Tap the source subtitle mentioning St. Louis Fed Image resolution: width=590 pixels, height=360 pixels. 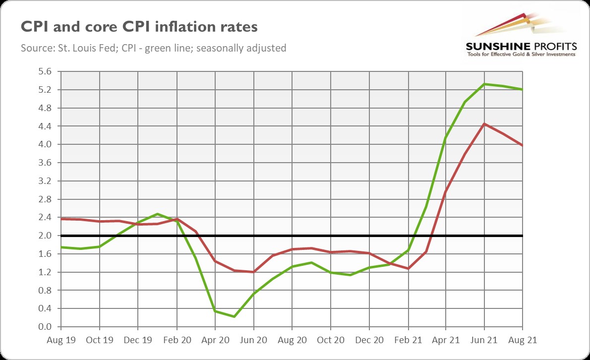[x=154, y=48]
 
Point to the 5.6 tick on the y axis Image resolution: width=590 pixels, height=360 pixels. [x=45, y=71]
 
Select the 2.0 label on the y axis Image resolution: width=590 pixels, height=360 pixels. [x=45, y=236]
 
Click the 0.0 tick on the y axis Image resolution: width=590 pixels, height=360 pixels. [x=45, y=327]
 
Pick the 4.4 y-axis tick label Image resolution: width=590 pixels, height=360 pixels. [x=45, y=126]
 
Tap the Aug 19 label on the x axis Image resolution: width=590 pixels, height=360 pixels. [x=60, y=341]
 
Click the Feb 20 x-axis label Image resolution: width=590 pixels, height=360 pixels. [x=177, y=341]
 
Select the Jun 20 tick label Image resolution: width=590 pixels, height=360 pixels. [x=253, y=341]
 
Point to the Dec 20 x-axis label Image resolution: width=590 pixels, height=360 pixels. [x=369, y=341]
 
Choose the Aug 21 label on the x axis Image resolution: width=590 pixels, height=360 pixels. [x=523, y=341]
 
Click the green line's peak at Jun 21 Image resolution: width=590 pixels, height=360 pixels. [x=484, y=84]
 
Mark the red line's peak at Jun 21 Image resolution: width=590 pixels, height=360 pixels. [x=484, y=123]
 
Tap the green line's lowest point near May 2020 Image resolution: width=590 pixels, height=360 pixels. [x=234, y=316]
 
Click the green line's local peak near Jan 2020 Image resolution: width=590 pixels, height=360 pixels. [x=157, y=214]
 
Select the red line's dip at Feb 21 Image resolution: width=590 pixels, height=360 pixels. [x=408, y=268]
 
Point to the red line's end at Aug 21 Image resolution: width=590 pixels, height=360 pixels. [x=523, y=145]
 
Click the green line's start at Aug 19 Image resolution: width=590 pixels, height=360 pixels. [x=61, y=247]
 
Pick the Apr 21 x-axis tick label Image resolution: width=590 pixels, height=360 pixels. [x=446, y=341]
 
